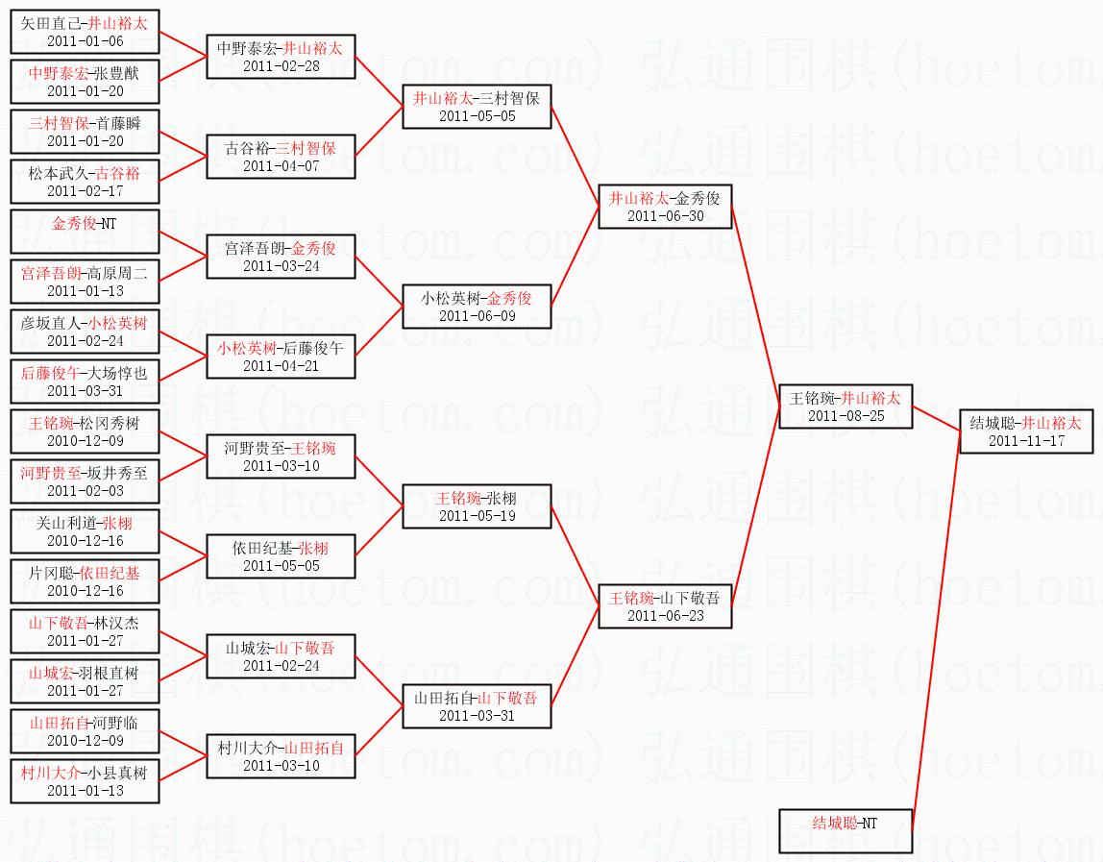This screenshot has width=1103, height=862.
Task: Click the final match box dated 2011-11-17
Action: tap(1025, 431)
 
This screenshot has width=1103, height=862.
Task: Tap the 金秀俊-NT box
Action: tap(85, 232)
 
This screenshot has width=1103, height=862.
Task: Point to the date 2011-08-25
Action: tap(846, 416)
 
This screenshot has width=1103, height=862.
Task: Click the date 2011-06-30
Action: tap(665, 216)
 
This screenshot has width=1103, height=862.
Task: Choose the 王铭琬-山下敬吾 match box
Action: tap(665, 606)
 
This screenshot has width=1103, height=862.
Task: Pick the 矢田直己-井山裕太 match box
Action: tap(85, 32)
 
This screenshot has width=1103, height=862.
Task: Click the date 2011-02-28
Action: tap(281, 65)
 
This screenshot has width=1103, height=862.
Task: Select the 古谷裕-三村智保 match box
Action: tap(281, 157)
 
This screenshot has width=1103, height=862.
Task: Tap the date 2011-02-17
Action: tap(85, 191)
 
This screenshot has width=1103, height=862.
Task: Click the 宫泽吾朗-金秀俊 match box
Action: tap(281, 257)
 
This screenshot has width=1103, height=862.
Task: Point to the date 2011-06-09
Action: tap(477, 316)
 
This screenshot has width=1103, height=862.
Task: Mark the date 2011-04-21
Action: tap(281, 366)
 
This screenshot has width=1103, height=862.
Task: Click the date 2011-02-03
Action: tap(85, 491)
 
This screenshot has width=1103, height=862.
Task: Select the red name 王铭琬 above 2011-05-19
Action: tap(457, 498)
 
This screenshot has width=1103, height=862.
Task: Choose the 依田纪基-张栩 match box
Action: tap(281, 556)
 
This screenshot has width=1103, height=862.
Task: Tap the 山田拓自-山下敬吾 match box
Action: tap(477, 706)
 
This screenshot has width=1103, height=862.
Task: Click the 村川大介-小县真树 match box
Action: tap(85, 781)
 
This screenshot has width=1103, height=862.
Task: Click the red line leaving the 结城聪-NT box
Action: tap(934, 634)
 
